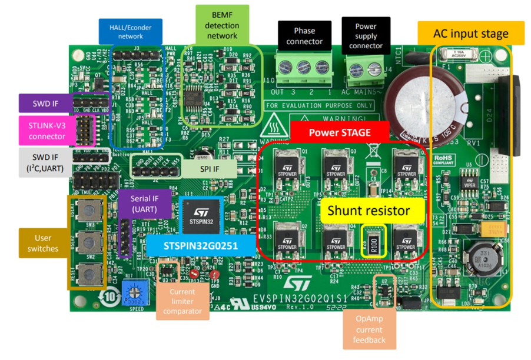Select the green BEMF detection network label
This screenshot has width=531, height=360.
[x=222, y=26]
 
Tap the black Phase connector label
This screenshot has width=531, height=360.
[x=304, y=36]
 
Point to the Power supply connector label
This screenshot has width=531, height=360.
[x=366, y=36]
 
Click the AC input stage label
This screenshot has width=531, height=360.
[x=470, y=33]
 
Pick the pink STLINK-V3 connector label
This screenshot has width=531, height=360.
[x=47, y=130]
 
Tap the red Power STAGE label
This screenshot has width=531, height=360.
[x=340, y=132]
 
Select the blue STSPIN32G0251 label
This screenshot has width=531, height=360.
[x=200, y=244]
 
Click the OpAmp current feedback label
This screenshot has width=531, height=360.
[x=369, y=329]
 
